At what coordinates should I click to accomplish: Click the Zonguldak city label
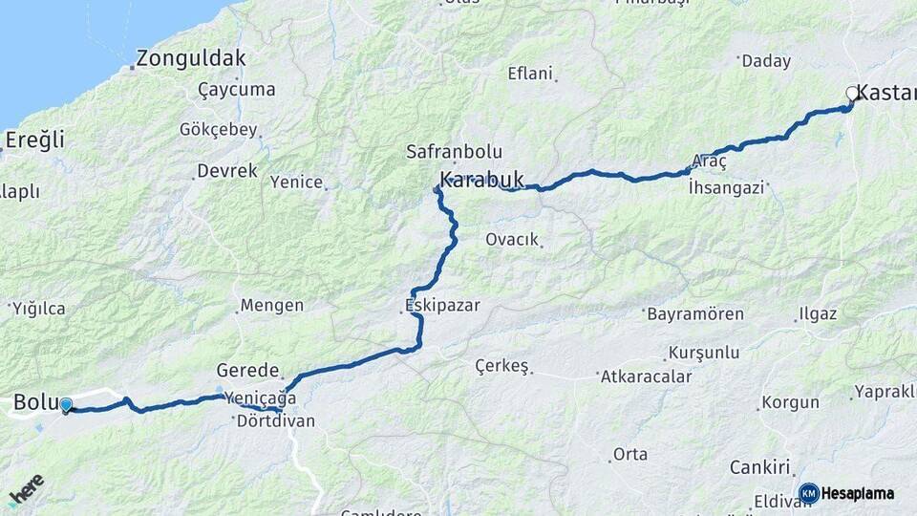tap(191, 58)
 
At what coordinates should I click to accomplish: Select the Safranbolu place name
tap(447, 151)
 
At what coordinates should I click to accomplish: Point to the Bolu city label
tap(35, 402)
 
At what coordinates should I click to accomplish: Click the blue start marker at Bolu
tap(65, 405)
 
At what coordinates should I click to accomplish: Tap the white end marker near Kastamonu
tap(852, 94)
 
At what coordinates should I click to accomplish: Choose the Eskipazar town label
tap(441, 307)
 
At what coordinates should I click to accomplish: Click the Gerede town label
tap(247, 371)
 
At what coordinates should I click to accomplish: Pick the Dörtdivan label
tap(275, 420)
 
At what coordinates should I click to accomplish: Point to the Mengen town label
tap(271, 306)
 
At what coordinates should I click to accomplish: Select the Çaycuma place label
tap(236, 90)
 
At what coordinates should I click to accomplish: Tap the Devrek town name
tap(226, 171)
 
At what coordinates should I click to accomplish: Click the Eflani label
tap(530, 73)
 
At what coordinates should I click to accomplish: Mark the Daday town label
tap(766, 61)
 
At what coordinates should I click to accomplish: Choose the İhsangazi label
tap(726, 188)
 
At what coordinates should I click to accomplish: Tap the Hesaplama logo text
tap(857, 494)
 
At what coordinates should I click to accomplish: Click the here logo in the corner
tap(27, 489)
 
